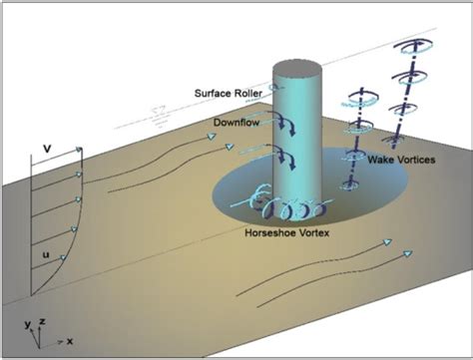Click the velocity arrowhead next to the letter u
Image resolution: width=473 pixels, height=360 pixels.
[x=62, y=257]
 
